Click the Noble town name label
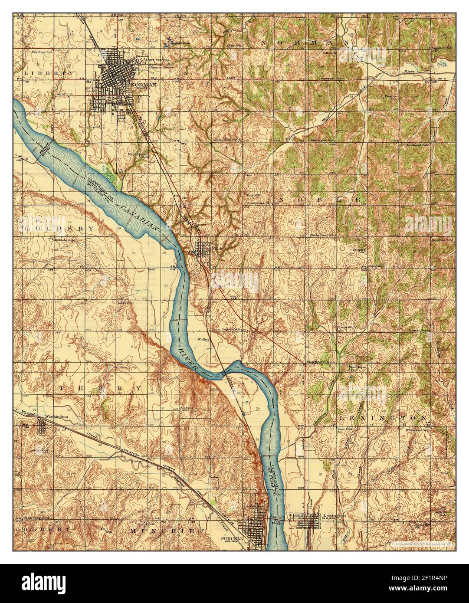tap(216, 249)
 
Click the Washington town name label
tap(56, 416)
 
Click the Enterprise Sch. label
tap(321, 141)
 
